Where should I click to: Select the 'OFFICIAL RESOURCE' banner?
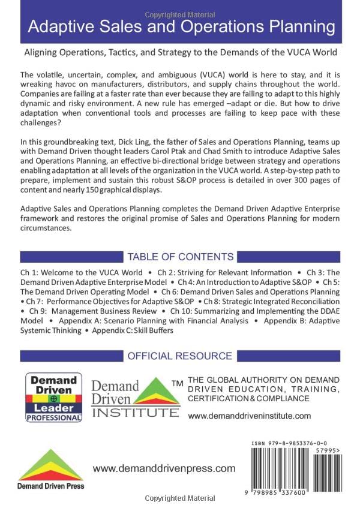pos(180,356)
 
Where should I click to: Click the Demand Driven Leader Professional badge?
pos(54,397)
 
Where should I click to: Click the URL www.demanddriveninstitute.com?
pos(250,416)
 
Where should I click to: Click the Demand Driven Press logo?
pos(50,471)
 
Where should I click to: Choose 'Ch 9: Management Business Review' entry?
pos(96,311)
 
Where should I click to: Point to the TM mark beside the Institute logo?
pos(177,383)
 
